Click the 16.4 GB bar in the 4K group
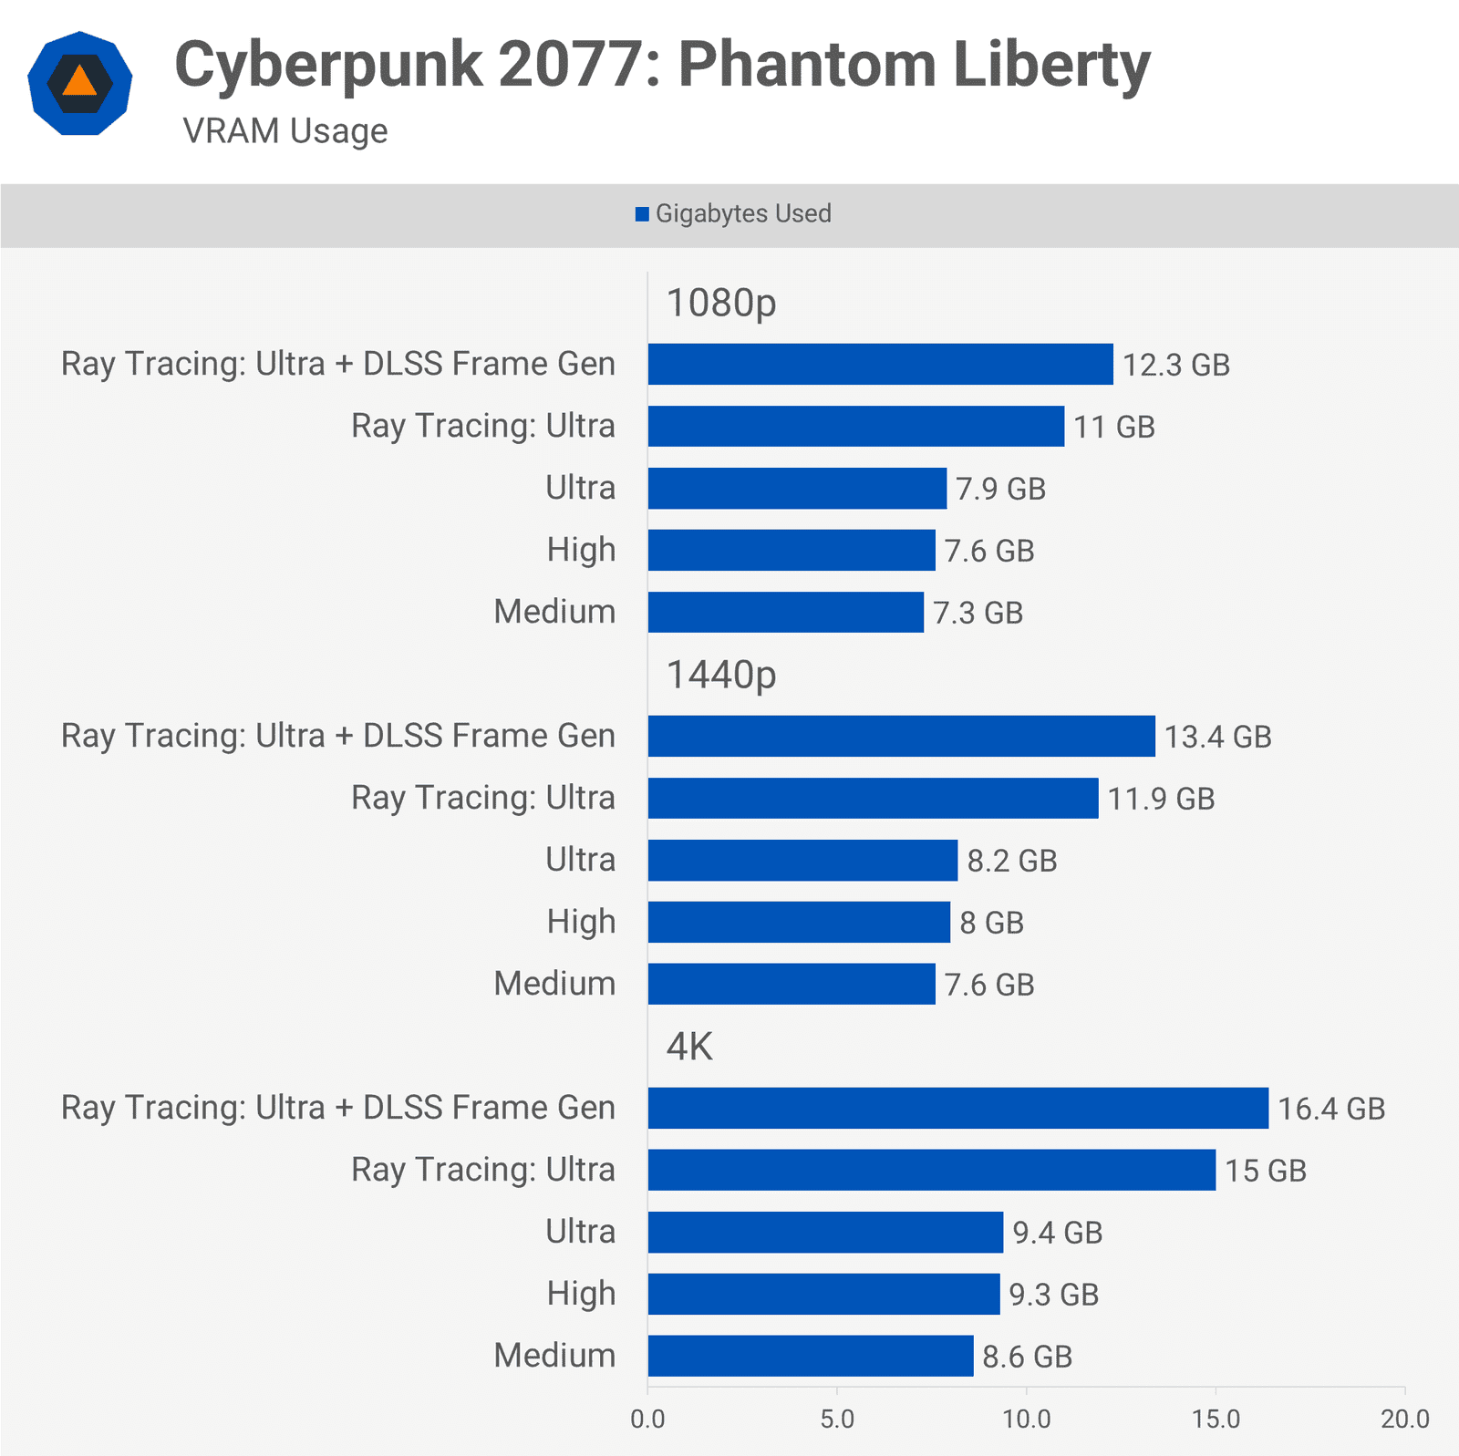957,1108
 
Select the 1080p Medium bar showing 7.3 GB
785,612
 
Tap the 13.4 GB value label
1217,737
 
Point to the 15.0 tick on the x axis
1216,1419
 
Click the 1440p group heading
721,676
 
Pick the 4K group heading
689,1047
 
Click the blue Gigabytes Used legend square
642,214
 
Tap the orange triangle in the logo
80,81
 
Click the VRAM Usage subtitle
285,131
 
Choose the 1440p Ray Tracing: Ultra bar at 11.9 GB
873,798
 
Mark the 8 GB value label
991,923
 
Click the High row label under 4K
581,1294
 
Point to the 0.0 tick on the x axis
647,1419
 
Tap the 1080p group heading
721,304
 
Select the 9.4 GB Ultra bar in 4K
825,1232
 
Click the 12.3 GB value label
1175,365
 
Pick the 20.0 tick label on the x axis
1404,1419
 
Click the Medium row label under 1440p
554,984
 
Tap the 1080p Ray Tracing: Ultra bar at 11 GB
855,426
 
